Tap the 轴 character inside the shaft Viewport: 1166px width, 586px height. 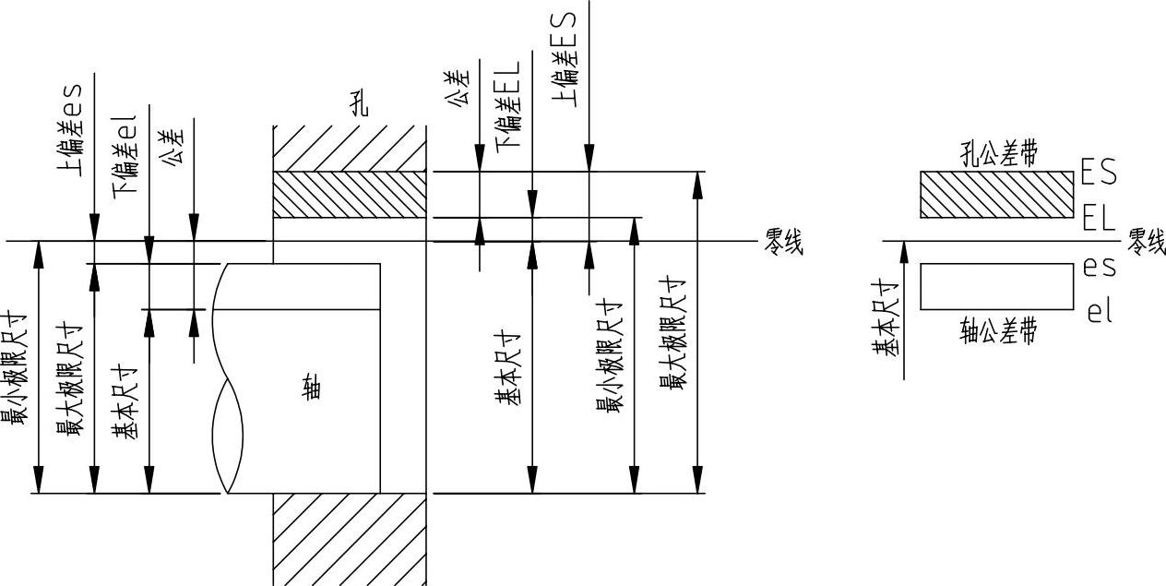[313, 388]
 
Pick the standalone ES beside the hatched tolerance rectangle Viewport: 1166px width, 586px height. [1099, 173]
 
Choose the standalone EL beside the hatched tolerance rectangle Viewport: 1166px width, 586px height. [1099, 220]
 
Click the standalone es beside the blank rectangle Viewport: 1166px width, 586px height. [1100, 268]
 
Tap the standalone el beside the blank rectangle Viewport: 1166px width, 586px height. [1100, 312]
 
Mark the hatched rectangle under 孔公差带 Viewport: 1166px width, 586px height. [998, 195]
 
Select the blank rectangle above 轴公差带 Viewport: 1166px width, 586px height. [998, 286]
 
